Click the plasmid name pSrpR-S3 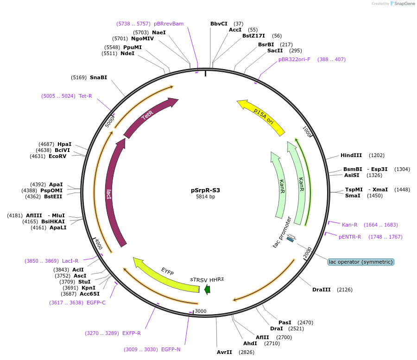206,190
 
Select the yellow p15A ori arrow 261,118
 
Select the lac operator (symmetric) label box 360,262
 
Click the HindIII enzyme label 351,155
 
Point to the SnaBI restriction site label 98,77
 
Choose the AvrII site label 224,352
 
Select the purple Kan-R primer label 349,225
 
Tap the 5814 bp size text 206,196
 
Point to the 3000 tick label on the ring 200,311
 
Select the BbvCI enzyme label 219,24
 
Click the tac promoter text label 283,231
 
